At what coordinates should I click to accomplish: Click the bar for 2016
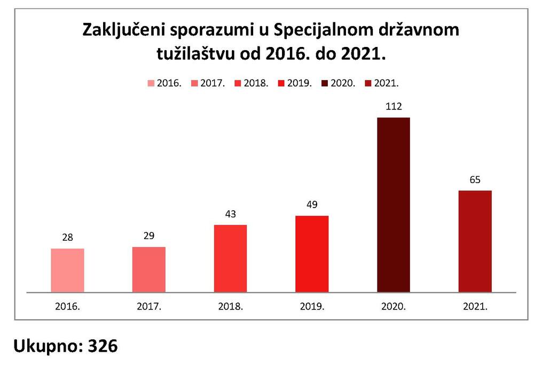point(67,270)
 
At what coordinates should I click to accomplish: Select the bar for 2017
point(149,269)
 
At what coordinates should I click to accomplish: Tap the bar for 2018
point(230,258)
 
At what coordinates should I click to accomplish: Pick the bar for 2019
point(312,254)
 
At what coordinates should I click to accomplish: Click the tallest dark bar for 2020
point(394,205)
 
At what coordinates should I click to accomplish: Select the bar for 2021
point(475,241)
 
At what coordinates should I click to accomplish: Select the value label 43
point(230,215)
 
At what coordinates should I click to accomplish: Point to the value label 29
point(149,236)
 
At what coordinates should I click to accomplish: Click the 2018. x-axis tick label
point(230,307)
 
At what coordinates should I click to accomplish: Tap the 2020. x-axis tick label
point(394,307)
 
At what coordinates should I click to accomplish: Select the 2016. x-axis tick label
point(67,307)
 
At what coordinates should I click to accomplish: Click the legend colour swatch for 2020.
point(325,84)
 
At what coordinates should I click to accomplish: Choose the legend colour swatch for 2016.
point(150,84)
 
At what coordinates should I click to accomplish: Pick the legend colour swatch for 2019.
point(281,84)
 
